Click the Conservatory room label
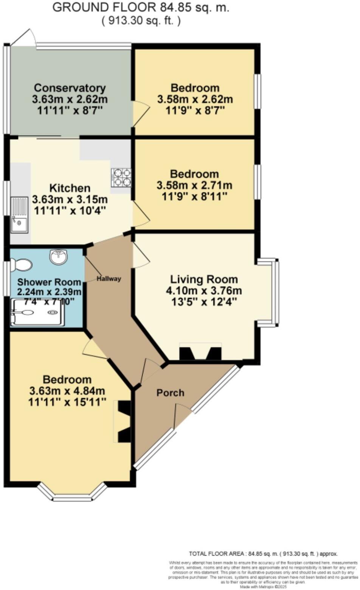click(x=70, y=88)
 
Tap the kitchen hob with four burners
click(x=121, y=177)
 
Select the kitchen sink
click(x=19, y=214)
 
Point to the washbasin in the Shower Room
click(x=58, y=257)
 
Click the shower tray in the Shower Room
click(x=37, y=312)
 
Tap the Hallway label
click(x=109, y=279)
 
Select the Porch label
click(x=170, y=393)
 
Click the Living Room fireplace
click(x=200, y=352)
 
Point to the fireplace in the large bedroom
click(x=123, y=421)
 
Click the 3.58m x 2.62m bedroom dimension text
click(x=194, y=99)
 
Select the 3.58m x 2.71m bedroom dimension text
click(x=194, y=186)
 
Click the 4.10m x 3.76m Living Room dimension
click(x=203, y=291)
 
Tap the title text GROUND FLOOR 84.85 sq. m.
click(x=140, y=8)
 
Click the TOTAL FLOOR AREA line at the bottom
click(x=263, y=554)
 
